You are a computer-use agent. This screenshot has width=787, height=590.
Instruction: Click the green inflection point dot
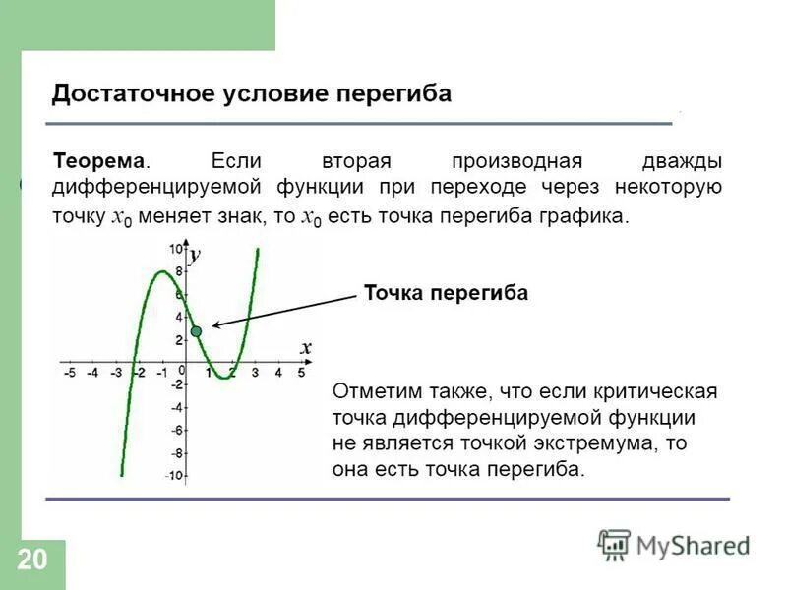coord(196,332)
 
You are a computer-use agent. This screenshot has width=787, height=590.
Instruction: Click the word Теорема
coord(98,160)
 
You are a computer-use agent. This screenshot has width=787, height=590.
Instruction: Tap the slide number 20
coord(31,560)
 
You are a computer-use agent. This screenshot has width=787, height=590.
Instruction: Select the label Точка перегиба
coord(446,293)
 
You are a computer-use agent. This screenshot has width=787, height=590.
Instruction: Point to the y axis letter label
coord(195,255)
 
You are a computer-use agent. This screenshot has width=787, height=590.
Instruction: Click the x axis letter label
coord(306,347)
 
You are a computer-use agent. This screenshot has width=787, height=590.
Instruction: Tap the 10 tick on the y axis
coord(175,248)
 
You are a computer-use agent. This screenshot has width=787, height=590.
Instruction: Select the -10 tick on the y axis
coord(173,476)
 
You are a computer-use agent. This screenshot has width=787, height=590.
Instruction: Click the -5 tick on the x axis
coord(69,374)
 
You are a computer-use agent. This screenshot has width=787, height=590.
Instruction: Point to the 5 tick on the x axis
coord(302,374)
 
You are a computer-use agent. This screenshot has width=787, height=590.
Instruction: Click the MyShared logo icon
coord(614,544)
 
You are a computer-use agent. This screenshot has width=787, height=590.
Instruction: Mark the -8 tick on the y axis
coord(176,453)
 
